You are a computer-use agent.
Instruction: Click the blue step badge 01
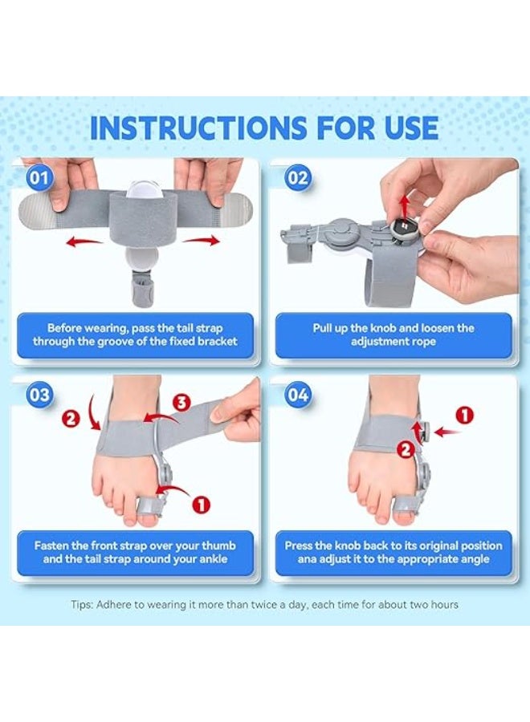[39, 178]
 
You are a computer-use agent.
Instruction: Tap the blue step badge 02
[298, 178]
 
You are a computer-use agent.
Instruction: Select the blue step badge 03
[39, 395]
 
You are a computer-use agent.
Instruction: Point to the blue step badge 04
[298, 395]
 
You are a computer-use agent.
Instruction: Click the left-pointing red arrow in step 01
[84, 241]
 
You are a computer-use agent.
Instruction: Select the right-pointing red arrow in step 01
[201, 241]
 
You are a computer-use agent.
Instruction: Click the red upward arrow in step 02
[404, 206]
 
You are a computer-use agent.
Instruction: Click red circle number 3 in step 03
[181, 403]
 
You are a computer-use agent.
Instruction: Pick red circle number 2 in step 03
[71, 419]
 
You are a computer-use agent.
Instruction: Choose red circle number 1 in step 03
[201, 505]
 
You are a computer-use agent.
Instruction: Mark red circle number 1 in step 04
[465, 415]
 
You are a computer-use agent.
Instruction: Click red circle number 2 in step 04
[406, 449]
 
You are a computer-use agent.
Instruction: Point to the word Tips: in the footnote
[82, 605]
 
